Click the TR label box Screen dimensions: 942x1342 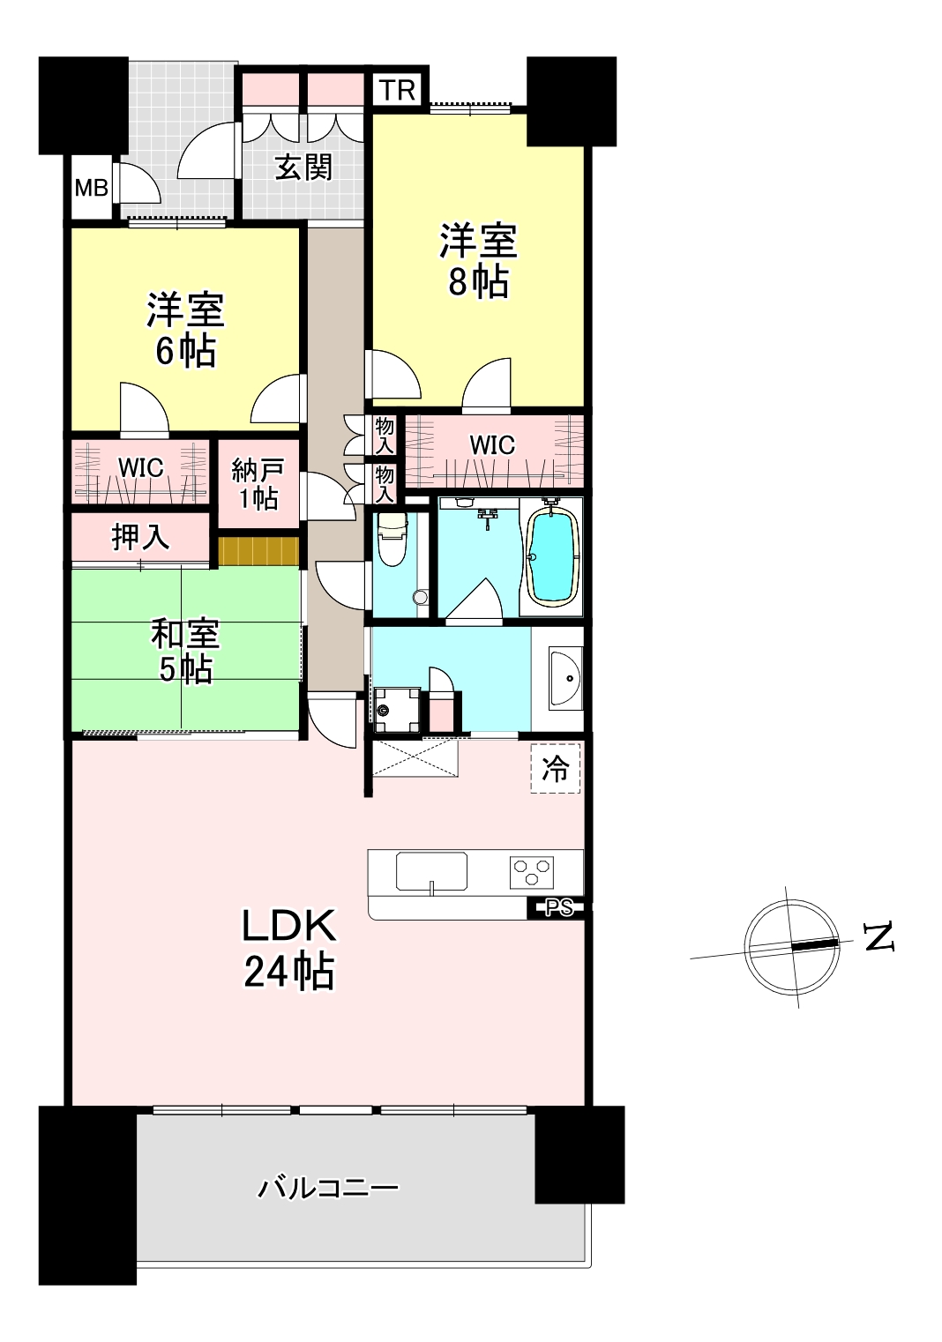pos(397,90)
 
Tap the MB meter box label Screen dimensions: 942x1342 pos(91,188)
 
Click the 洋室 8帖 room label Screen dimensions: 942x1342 pos(477,261)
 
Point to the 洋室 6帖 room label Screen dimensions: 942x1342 pos(185,329)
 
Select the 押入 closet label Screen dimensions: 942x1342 pos(140,538)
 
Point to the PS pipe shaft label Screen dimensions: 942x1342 pos(559,907)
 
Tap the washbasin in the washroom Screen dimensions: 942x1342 pos(565,678)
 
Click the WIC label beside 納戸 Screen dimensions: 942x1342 pos(141,467)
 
